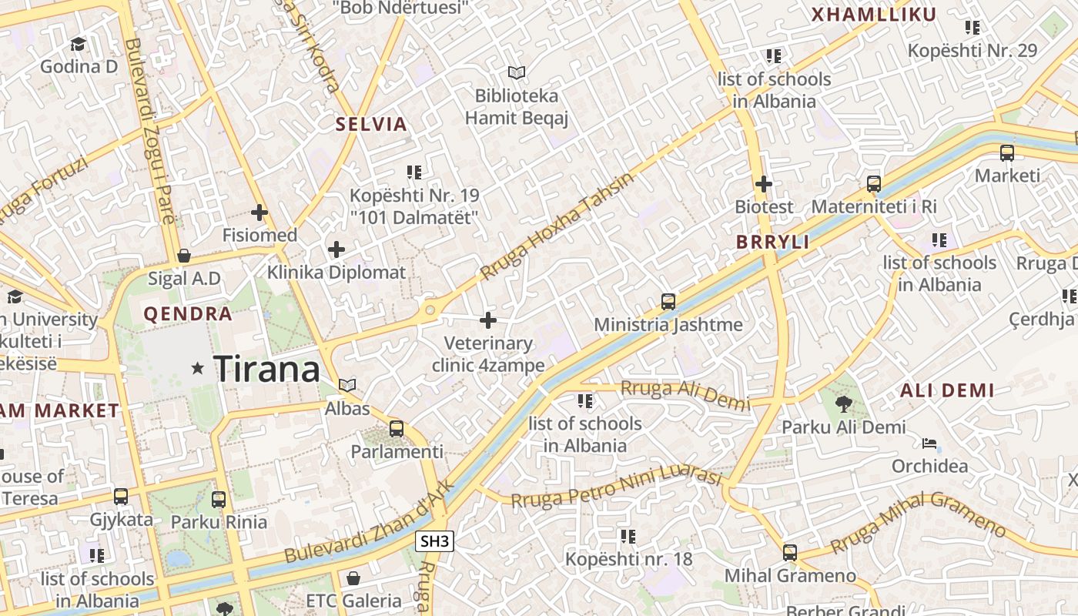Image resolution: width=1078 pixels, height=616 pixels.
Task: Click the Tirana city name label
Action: click(x=266, y=369)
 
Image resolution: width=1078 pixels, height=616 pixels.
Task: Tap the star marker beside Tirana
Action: click(x=198, y=369)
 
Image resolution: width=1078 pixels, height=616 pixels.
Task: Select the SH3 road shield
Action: click(x=434, y=541)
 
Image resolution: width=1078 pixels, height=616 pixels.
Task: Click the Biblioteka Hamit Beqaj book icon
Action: click(x=517, y=72)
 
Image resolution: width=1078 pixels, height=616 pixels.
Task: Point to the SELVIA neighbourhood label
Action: click(x=371, y=124)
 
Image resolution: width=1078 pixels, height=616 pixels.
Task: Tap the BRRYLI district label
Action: click(x=772, y=242)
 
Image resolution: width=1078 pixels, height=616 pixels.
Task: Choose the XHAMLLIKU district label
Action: click(x=874, y=15)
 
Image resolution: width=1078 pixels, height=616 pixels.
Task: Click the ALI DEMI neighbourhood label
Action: click(x=947, y=390)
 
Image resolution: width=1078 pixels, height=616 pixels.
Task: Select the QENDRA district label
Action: click(x=188, y=313)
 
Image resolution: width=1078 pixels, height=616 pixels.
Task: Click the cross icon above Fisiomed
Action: click(x=259, y=212)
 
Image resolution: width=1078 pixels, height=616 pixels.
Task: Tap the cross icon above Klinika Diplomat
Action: click(x=336, y=249)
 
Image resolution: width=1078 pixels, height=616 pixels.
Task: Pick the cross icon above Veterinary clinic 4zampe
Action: click(x=488, y=320)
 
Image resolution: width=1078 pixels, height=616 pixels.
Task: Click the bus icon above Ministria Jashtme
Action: click(x=668, y=301)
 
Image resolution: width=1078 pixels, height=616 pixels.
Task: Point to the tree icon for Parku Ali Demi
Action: click(x=844, y=403)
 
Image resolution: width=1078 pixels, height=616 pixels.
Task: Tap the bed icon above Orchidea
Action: click(x=929, y=443)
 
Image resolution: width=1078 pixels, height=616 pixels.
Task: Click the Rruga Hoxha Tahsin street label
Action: click(x=556, y=226)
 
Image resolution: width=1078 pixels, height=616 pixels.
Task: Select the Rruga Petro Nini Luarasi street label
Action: click(x=616, y=487)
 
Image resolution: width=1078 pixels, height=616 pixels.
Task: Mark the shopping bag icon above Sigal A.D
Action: click(x=184, y=255)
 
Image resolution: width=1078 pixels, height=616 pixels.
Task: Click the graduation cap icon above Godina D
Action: click(x=79, y=44)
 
